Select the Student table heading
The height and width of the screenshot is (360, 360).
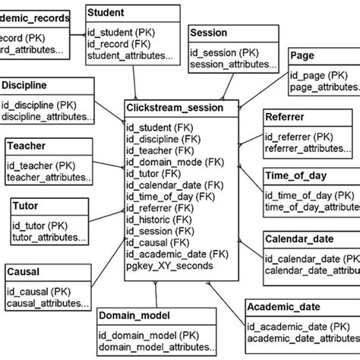click(107, 13)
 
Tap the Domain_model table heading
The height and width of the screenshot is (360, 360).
click(136, 314)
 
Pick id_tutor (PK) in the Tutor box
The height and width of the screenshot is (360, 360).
click(43, 226)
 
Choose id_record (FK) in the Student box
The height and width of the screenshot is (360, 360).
click(118, 43)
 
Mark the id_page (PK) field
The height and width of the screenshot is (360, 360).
click(319, 76)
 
